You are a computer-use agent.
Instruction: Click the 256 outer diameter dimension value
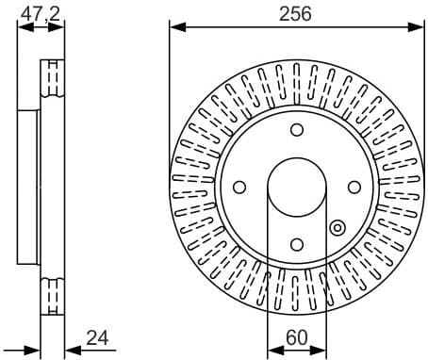[x=294, y=13]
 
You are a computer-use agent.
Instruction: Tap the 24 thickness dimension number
[x=96, y=335]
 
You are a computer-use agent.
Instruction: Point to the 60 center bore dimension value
[x=295, y=335]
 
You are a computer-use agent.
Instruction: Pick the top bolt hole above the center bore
[x=295, y=130]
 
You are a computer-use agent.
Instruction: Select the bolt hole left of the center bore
[x=239, y=186]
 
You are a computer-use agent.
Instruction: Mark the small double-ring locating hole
[x=337, y=227]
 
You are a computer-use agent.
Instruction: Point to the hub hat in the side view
[x=28, y=186]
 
